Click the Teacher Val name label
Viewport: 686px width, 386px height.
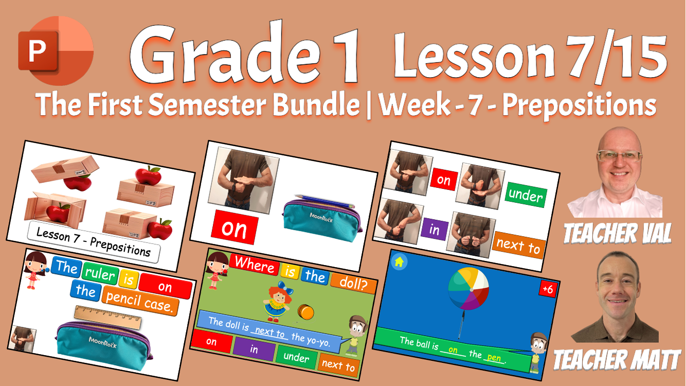pyautogui.click(x=618, y=233)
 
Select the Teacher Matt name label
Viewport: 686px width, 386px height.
pyautogui.click(x=617, y=358)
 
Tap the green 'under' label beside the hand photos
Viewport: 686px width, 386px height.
pyautogui.click(x=525, y=195)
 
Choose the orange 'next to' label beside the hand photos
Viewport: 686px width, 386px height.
pyautogui.click(x=518, y=245)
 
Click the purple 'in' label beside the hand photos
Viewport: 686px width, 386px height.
pyautogui.click(x=435, y=230)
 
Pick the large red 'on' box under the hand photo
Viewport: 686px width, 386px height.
pyautogui.click(x=234, y=229)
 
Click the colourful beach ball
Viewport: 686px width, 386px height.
pyautogui.click(x=468, y=289)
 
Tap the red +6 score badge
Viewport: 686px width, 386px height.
pyautogui.click(x=548, y=289)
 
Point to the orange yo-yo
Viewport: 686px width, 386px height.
pyautogui.click(x=305, y=311)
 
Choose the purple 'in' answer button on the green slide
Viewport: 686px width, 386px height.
pyautogui.click(x=254, y=349)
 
